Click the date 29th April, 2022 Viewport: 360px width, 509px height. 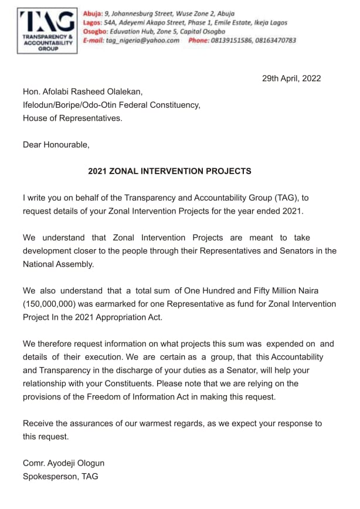click(x=291, y=79)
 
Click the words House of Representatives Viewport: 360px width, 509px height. click(x=73, y=118)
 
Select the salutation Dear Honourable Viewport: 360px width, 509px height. click(x=56, y=144)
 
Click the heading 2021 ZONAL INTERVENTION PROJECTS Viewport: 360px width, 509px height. click(x=169, y=171)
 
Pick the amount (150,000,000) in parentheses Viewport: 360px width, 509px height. click(x=52, y=304)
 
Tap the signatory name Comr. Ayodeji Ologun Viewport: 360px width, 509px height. click(x=63, y=463)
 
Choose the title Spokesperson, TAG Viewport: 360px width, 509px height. click(x=60, y=476)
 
